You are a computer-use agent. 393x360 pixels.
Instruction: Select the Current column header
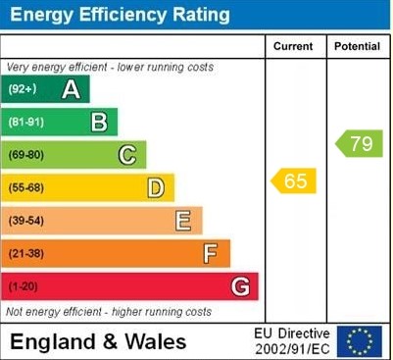(x=293, y=46)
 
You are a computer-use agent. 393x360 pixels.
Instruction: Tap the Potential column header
(x=357, y=46)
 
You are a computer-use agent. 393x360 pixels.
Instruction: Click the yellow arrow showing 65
(x=294, y=180)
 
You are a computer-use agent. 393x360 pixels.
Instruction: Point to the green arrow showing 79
(x=360, y=144)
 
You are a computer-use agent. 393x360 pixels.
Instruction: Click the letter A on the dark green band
(x=71, y=90)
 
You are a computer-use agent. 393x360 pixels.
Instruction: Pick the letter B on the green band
(x=99, y=123)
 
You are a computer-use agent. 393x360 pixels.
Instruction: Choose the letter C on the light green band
(x=127, y=155)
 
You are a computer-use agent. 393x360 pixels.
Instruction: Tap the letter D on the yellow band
(x=156, y=188)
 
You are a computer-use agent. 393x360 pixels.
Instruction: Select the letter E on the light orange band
(x=183, y=222)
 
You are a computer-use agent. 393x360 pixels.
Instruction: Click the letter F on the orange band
(x=211, y=255)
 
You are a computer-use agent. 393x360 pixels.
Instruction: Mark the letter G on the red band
(x=240, y=287)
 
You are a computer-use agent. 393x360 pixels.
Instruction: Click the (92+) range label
(x=23, y=90)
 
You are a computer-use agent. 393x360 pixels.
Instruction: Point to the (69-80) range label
(x=26, y=155)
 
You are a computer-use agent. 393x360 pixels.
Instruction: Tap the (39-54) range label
(x=26, y=222)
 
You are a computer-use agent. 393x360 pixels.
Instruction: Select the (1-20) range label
(x=24, y=287)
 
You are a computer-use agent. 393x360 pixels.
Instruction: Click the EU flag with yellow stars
(x=360, y=341)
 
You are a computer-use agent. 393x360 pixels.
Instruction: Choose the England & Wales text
(x=98, y=342)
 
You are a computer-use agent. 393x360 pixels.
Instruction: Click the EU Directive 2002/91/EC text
(x=292, y=341)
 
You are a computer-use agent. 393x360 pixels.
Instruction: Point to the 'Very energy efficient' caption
(x=110, y=67)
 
